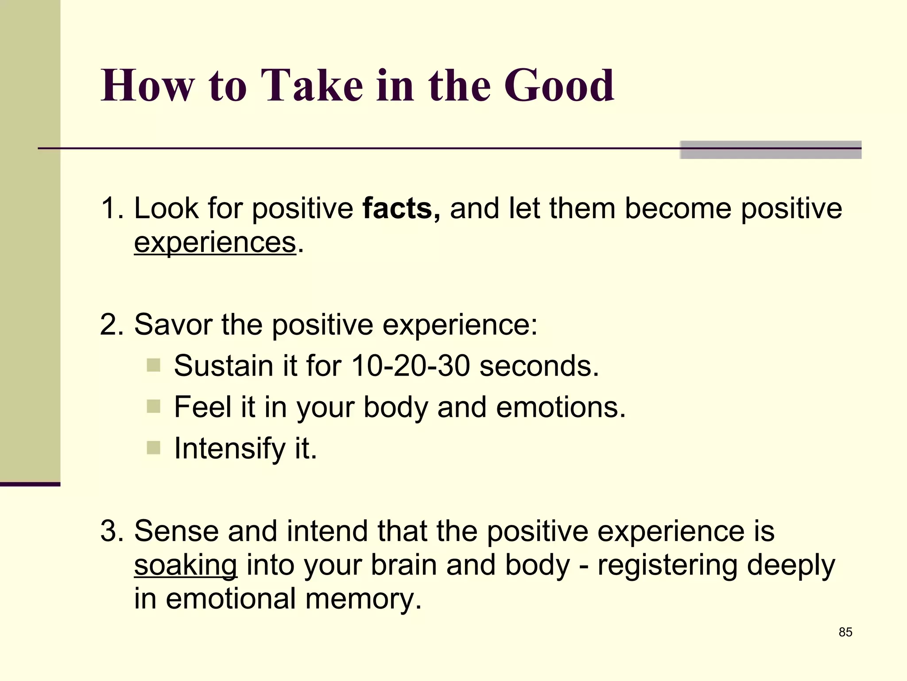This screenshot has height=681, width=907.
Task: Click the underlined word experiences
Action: (x=215, y=243)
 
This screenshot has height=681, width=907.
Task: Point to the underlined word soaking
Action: (x=186, y=565)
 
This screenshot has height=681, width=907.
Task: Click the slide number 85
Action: (x=845, y=632)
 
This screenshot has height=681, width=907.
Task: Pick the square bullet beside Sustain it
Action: (x=153, y=366)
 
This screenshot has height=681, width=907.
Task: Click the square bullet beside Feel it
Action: (x=153, y=407)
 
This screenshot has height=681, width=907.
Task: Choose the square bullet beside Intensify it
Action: (x=153, y=448)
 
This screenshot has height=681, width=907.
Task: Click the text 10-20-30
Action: (x=410, y=366)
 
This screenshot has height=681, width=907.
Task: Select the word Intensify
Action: (x=229, y=449)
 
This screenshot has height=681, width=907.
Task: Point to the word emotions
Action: (x=560, y=407)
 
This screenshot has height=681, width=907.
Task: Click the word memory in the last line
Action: (x=363, y=599)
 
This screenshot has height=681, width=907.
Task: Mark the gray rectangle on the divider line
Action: (x=770, y=150)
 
